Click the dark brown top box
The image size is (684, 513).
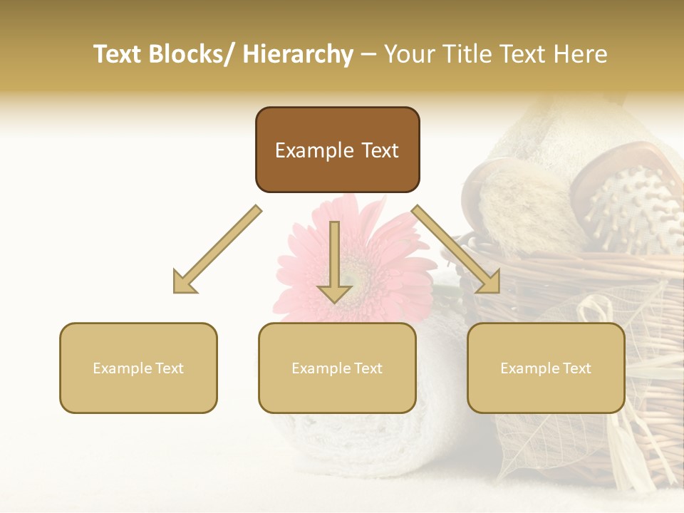[x=337, y=150]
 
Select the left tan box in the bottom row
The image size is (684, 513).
[x=138, y=368]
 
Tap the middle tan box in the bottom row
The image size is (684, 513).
[x=337, y=368]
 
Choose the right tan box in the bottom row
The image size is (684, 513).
[x=546, y=368]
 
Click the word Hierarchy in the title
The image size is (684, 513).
[x=298, y=54]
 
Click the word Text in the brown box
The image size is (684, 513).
[x=379, y=150]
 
